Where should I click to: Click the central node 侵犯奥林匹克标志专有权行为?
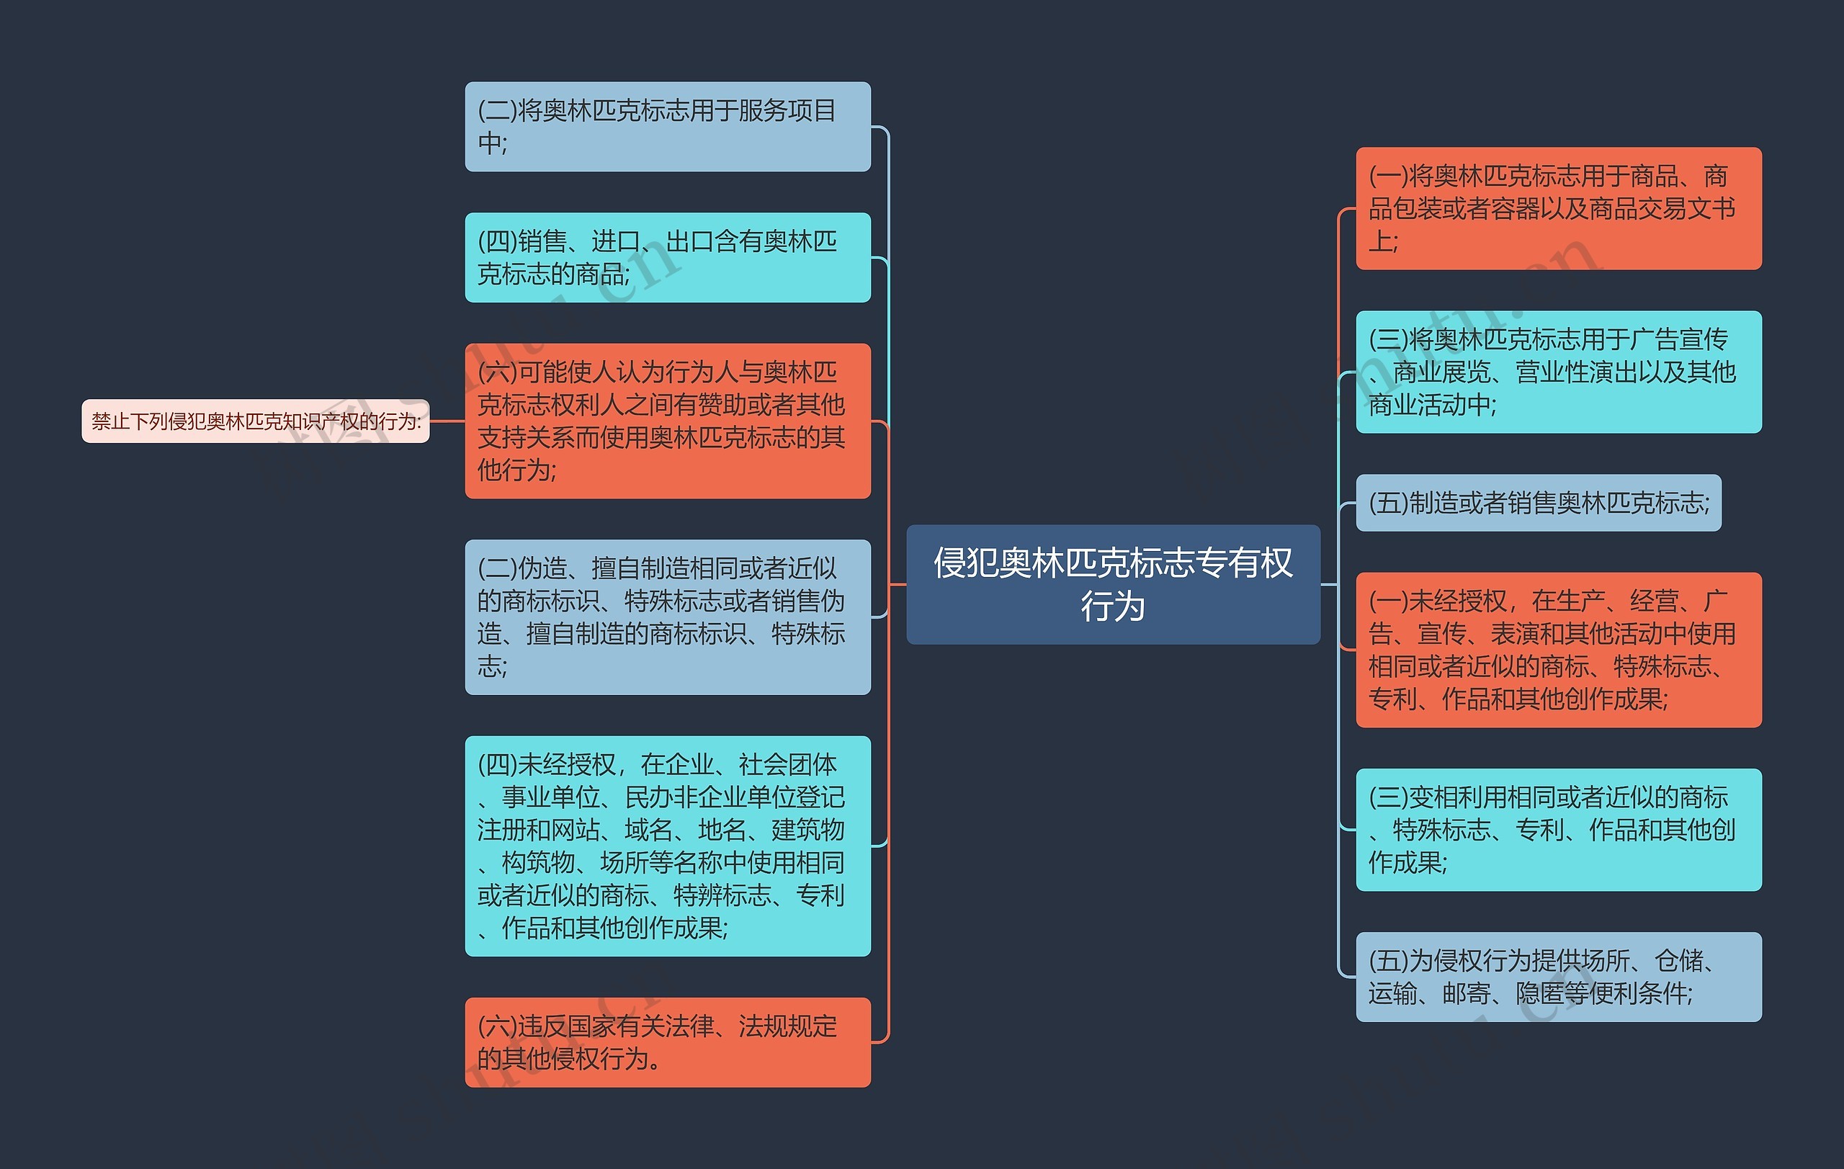1113,584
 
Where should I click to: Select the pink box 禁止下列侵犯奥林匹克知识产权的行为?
255,421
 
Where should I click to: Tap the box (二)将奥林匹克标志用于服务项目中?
667,126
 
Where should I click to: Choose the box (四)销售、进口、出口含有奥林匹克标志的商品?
667,257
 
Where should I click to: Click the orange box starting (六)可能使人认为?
667,421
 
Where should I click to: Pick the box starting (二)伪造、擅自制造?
667,617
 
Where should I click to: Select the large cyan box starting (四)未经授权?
667,846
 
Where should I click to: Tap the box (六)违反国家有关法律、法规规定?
667,1042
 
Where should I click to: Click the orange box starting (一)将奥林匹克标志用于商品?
1558,208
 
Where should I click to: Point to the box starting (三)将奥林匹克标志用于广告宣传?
1558,372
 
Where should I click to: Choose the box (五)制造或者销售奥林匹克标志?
1538,503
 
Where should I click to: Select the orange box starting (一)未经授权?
1558,650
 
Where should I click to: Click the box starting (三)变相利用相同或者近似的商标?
1558,830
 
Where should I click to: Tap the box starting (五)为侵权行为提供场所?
1558,977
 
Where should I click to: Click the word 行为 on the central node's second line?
1113,607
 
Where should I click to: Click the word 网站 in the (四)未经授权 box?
575,830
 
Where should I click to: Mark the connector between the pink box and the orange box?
447,421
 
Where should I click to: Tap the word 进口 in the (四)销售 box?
616,241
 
